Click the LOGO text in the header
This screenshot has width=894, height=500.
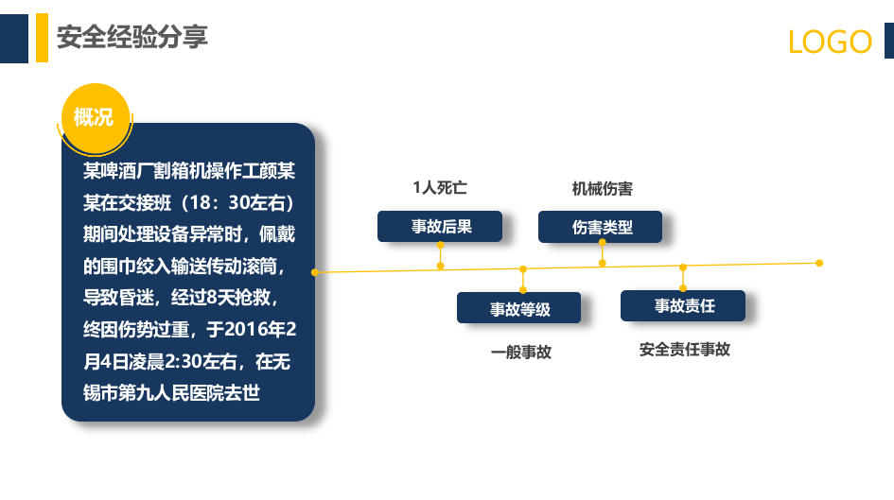point(830,42)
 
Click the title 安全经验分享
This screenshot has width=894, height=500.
point(131,38)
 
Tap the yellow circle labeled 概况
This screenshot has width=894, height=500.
point(94,118)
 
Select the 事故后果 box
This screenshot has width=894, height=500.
point(440,227)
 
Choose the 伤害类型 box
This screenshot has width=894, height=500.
point(601,227)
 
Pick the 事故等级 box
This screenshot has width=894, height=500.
point(519,308)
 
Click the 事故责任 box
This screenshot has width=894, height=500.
point(683,305)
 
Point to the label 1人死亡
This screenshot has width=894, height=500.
point(439,188)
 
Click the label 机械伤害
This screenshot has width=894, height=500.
point(602,189)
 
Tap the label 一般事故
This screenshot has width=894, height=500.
point(520,352)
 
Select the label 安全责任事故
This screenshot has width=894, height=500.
point(684,350)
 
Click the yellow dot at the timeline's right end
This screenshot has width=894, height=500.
point(819,263)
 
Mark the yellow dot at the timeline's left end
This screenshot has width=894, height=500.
point(315,272)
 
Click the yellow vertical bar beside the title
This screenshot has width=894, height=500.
point(42,38)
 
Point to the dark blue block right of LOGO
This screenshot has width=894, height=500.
point(888,42)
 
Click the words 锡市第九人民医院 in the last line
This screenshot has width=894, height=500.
point(160,392)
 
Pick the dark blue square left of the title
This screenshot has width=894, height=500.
point(13,38)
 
